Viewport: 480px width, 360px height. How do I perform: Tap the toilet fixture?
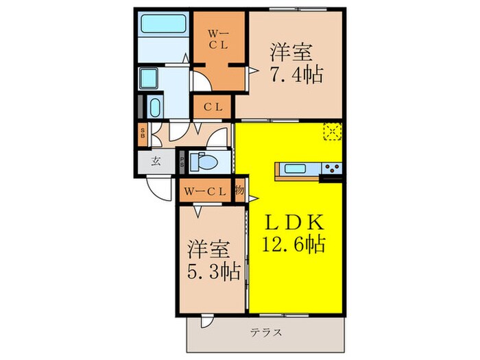[x=203, y=163]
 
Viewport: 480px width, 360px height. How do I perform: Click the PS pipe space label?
[x=182, y=163]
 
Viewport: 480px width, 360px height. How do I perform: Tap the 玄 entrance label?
[x=156, y=163]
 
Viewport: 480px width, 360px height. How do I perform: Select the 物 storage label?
[x=240, y=191]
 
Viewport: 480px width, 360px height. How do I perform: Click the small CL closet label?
[x=212, y=107]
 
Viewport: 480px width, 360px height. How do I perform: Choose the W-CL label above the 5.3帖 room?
[x=204, y=191]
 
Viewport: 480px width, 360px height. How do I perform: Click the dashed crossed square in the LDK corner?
[x=333, y=130]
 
